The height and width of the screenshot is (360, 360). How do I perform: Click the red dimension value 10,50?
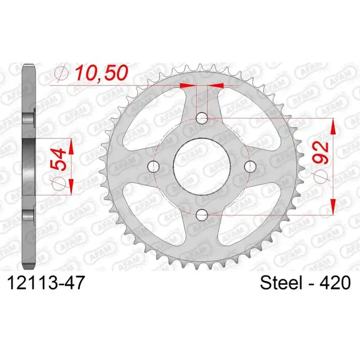(x=102, y=73)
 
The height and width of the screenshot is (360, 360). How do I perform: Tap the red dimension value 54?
(x=58, y=159)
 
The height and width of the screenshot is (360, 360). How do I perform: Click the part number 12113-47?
(x=46, y=283)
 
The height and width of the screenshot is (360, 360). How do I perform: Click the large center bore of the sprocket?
(x=202, y=166)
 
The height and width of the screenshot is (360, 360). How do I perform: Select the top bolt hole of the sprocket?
(x=202, y=118)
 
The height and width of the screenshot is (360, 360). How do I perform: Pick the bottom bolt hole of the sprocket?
(x=202, y=215)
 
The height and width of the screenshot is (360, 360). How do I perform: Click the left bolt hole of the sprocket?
(x=153, y=166)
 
